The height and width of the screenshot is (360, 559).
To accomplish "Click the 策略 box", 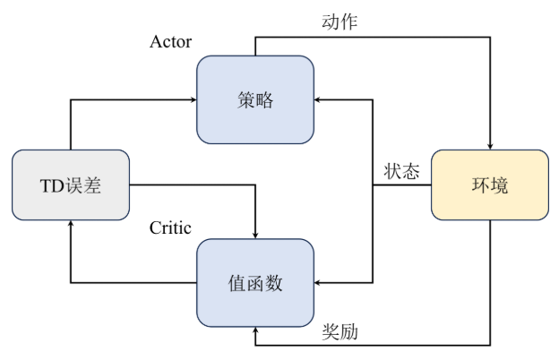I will click(x=255, y=99).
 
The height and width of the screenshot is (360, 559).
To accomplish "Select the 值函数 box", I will click(x=255, y=283).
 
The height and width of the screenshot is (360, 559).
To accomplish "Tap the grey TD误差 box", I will click(x=71, y=185).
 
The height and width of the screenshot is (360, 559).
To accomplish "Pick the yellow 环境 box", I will click(x=490, y=185).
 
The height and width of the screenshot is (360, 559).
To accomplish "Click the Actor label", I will click(x=170, y=43).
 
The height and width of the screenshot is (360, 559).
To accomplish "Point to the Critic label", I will click(x=170, y=227).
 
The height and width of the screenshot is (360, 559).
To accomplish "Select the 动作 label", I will click(x=340, y=22).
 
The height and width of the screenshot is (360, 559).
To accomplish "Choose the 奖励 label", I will click(x=340, y=332).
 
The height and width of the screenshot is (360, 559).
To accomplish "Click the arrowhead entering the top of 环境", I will click(x=490, y=145).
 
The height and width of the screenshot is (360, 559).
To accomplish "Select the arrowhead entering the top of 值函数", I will click(x=255, y=235).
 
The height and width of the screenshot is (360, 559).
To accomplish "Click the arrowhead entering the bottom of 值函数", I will click(x=255, y=331).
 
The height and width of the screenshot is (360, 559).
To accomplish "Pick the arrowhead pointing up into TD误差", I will click(x=71, y=226).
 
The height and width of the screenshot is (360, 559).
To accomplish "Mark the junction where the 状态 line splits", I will click(x=373, y=185).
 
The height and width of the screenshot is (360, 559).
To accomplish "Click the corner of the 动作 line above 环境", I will click(x=490, y=38).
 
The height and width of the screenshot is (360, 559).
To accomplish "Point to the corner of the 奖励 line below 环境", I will click(x=490, y=345).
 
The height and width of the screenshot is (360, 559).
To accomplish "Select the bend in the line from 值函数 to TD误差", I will click(x=71, y=283).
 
